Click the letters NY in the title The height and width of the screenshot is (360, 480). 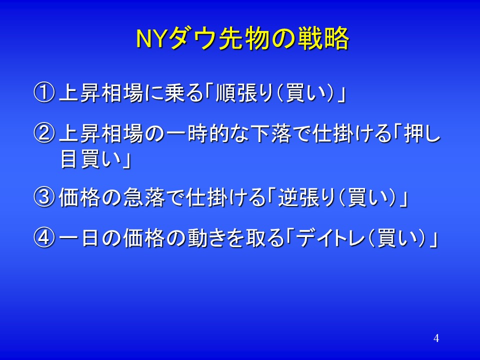pyautogui.click(x=150, y=39)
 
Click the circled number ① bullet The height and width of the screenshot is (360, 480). pyautogui.click(x=44, y=93)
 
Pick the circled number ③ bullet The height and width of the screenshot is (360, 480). pyautogui.click(x=44, y=197)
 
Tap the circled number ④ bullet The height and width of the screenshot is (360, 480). pyautogui.click(x=44, y=238)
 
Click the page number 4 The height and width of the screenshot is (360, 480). pyautogui.click(x=436, y=338)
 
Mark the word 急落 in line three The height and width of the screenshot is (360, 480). pyautogui.click(x=144, y=197)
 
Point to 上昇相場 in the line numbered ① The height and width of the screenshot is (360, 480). pyautogui.click(x=101, y=93)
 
